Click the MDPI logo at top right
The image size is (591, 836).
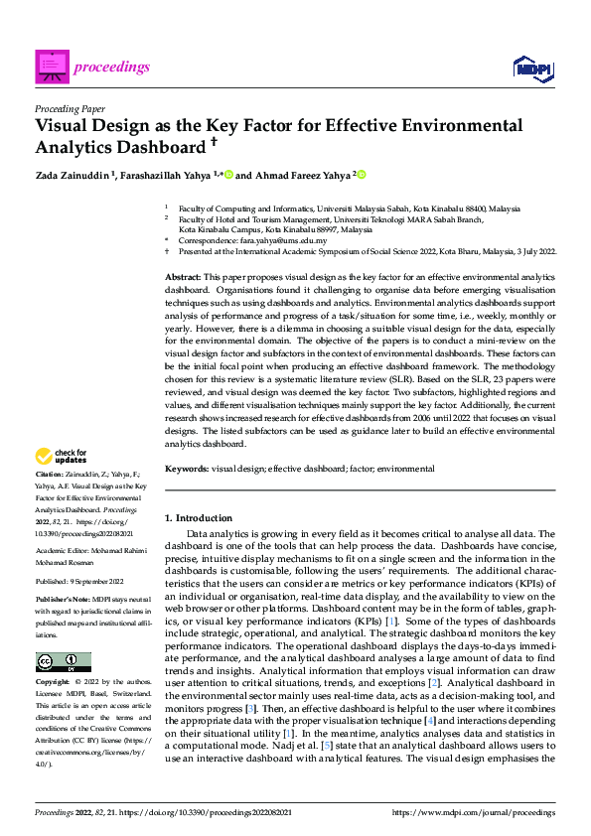[532, 67]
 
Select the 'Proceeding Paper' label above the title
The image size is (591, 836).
[70, 108]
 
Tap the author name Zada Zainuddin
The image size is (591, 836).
[74, 175]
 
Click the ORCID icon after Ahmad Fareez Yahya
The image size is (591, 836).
[362, 175]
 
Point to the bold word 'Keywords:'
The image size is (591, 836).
[186, 468]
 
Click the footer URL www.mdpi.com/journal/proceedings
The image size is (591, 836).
[473, 812]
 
